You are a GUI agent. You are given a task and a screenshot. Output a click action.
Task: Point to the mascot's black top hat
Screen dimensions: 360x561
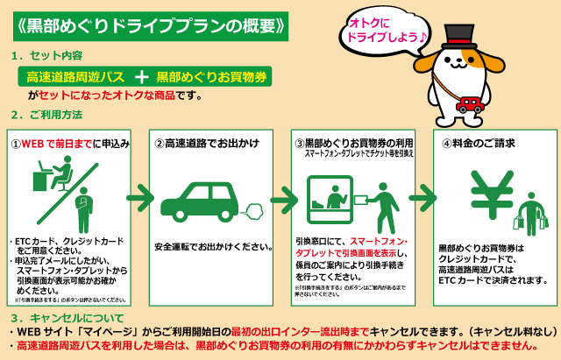[x=457, y=34]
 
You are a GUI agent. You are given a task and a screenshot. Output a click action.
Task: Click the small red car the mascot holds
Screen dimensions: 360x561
[x=471, y=104]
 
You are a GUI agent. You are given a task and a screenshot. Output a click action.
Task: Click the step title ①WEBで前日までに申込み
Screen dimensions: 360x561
[x=69, y=143]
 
